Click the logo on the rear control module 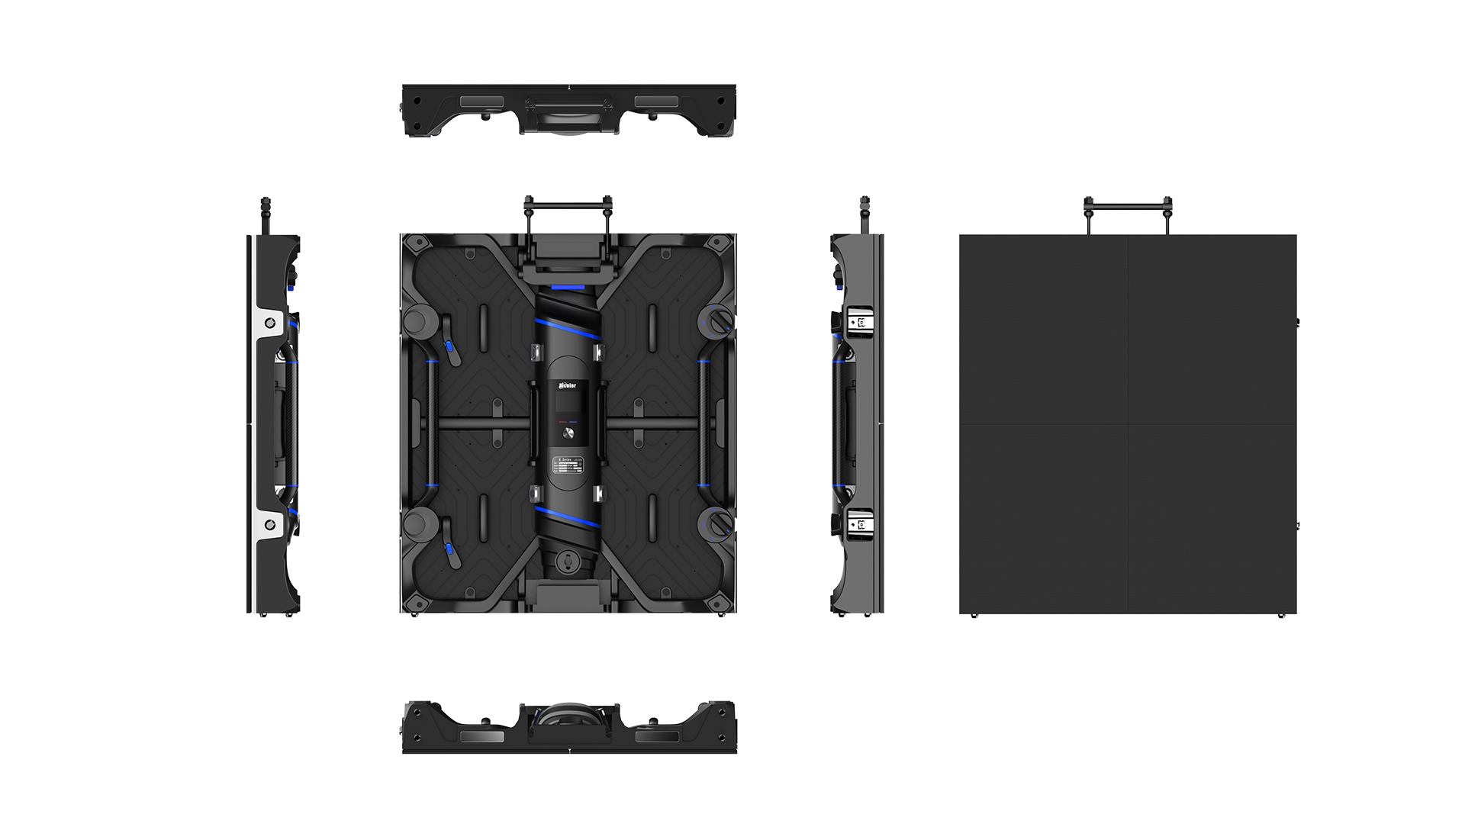pos(568,386)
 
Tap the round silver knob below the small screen pos(568,433)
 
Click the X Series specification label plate pos(568,465)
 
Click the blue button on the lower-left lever pos(449,549)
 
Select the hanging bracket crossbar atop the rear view pos(568,204)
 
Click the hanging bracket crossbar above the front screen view pos(1128,204)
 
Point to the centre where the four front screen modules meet pos(1128,424)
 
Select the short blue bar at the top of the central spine pos(568,288)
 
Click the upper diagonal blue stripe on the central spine pos(568,330)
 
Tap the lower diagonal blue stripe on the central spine pos(568,517)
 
